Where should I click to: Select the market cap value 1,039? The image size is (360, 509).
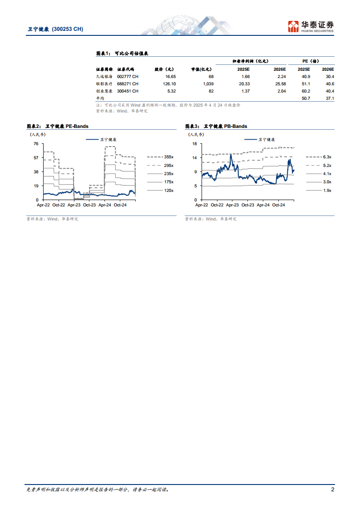click(207, 84)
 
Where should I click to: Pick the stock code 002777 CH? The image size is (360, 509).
click(128, 77)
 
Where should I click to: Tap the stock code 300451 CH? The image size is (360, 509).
click(128, 91)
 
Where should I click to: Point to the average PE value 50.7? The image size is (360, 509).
click(304, 98)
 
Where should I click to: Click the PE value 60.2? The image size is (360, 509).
click(304, 91)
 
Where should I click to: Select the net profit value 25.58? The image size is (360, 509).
click(280, 84)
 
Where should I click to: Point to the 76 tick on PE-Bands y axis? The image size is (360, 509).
click(35, 144)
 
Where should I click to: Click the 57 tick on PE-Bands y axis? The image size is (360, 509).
click(35, 158)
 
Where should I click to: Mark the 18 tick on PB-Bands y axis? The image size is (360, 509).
click(194, 144)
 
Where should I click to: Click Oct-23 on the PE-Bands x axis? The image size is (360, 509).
click(89, 205)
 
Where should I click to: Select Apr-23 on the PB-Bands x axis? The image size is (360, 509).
click(232, 205)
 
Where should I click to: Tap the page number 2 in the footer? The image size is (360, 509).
click(333, 489)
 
